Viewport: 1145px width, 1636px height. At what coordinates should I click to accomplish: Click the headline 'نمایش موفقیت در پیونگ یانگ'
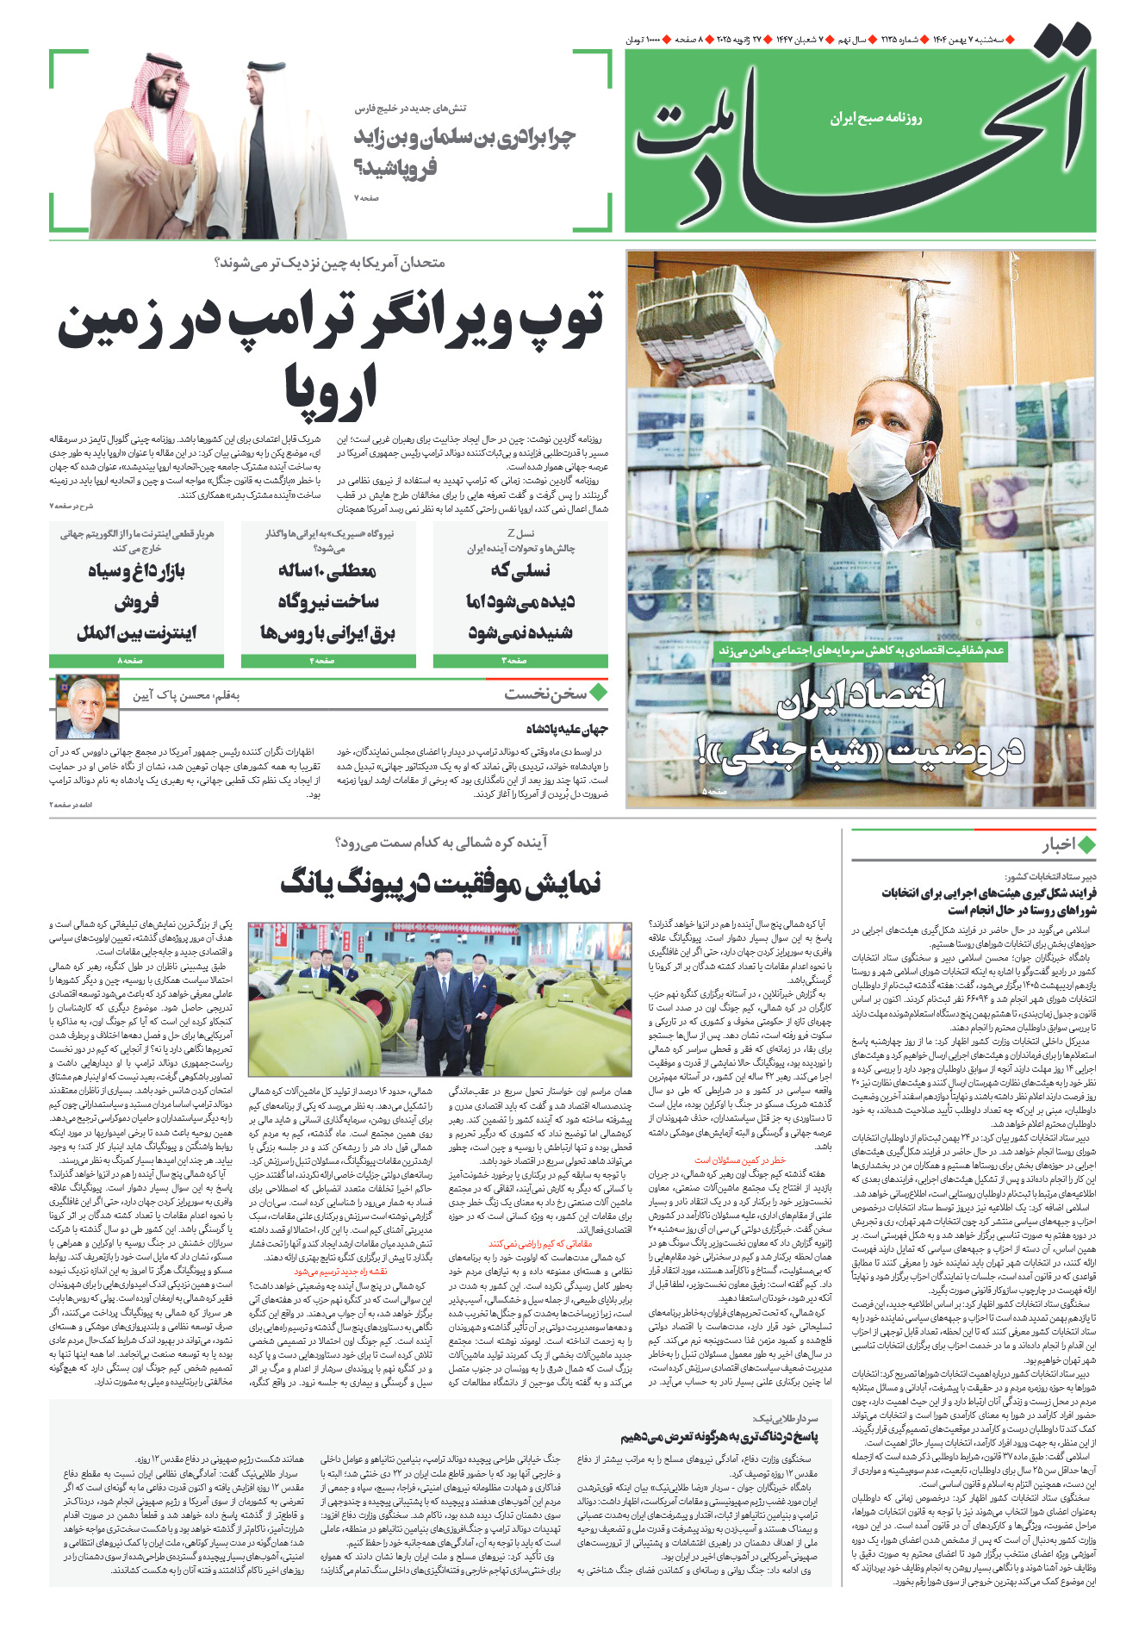[x=440, y=883]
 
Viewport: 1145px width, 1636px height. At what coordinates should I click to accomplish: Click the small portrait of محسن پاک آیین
[x=87, y=707]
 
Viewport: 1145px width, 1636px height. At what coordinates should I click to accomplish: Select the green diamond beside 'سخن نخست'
[x=599, y=693]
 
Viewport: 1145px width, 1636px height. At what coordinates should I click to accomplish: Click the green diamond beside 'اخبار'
[x=1086, y=844]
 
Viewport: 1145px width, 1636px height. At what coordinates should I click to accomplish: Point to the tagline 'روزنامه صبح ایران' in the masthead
[x=875, y=118]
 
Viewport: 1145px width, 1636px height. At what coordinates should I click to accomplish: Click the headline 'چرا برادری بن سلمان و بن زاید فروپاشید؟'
[x=464, y=151]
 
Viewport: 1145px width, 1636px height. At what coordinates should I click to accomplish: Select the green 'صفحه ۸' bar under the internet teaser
[x=136, y=661]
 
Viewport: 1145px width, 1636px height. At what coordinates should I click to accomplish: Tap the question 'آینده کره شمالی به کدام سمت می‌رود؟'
[x=440, y=842]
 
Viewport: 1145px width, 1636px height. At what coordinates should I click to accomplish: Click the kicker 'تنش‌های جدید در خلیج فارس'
[x=410, y=109]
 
